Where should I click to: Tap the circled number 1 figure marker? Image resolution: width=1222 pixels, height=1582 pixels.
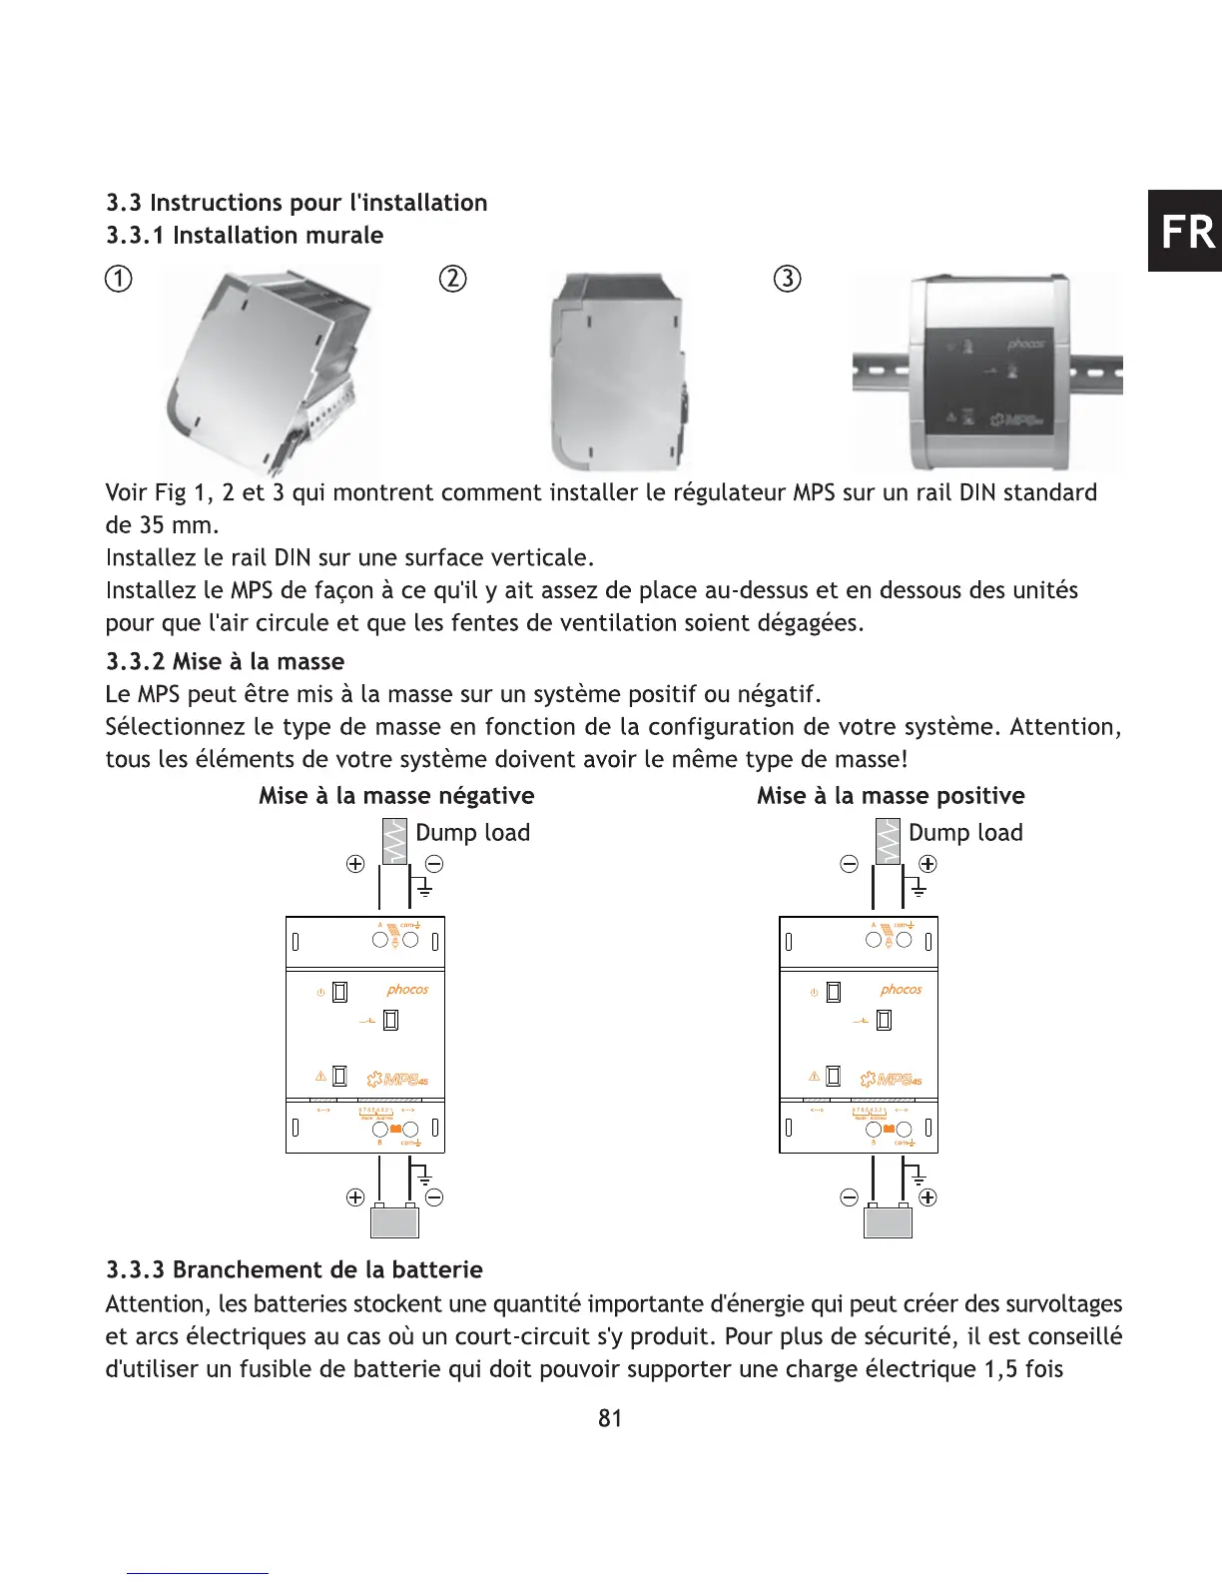[x=119, y=279]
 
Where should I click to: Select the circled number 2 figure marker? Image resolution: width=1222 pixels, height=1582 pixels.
[x=452, y=279]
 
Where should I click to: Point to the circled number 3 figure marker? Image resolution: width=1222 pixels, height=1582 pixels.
[x=788, y=279]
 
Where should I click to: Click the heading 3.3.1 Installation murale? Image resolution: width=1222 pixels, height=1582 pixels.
[x=245, y=236]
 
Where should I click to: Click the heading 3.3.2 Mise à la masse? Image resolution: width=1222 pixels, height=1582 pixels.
[x=225, y=661]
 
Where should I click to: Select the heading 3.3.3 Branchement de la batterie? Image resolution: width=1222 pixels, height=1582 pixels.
[x=295, y=1269]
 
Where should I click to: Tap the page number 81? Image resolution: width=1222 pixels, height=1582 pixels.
[x=610, y=1418]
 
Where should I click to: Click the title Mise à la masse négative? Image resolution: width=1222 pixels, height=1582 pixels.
[x=396, y=796]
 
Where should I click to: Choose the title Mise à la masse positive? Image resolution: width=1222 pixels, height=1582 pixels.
[x=891, y=796]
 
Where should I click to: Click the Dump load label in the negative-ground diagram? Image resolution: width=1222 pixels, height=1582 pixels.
[x=472, y=833]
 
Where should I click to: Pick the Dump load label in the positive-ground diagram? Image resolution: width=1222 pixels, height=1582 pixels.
[x=965, y=833]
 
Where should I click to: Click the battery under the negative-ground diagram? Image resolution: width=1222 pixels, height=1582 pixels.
[x=394, y=1221]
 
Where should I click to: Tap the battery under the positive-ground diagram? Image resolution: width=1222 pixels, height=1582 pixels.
[x=888, y=1221]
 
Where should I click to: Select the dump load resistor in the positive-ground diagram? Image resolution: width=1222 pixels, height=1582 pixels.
[x=888, y=841]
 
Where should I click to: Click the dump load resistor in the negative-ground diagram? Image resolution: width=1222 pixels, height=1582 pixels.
[x=394, y=841]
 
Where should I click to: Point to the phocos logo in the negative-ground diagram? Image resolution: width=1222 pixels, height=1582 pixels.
[x=407, y=990]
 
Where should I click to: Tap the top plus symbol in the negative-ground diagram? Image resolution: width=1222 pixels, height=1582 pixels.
[x=355, y=864]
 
